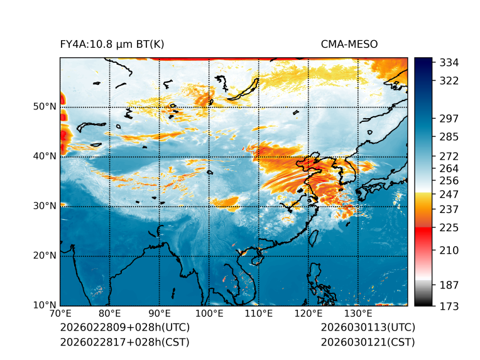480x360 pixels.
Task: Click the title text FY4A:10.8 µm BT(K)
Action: pos(112,44)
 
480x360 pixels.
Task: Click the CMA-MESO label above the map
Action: pos(349,44)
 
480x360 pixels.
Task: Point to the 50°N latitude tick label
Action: pos(45,106)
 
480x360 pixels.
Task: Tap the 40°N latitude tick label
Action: pos(45,156)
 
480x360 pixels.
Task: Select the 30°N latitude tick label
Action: pos(45,205)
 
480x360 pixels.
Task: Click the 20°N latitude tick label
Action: pos(45,255)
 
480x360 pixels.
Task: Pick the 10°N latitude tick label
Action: pos(45,305)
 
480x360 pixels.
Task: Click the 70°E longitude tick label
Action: pos(60,314)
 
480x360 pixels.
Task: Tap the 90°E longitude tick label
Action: pos(159,314)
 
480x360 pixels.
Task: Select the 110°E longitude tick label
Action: pos(258,314)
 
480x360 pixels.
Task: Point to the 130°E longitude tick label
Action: pos(357,314)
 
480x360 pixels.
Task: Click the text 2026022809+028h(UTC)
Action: pos(125,327)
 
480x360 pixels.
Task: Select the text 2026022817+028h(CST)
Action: pos(124,342)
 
